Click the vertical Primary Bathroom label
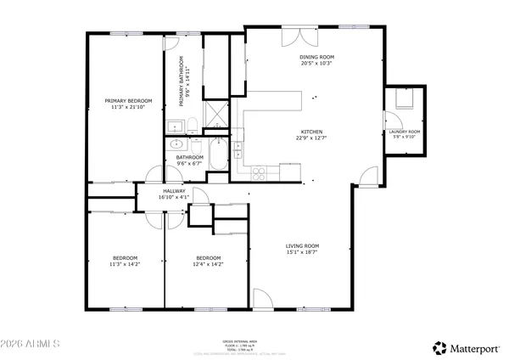pos(182,82)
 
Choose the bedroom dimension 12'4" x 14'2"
pos(209,264)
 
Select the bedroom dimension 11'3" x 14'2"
pos(126,264)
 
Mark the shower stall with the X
pos(217,112)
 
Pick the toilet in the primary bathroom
pos(193,126)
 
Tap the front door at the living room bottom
pos(262,300)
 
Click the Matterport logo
pos(466,347)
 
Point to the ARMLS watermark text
pos(31,346)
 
